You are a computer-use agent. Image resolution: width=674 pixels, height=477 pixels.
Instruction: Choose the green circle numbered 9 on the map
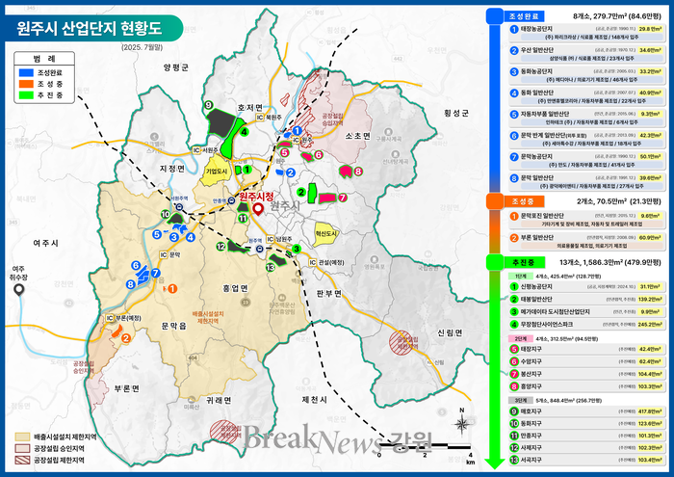click(x=208, y=104)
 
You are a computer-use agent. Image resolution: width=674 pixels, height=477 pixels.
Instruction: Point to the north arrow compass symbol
click(x=462, y=419)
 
